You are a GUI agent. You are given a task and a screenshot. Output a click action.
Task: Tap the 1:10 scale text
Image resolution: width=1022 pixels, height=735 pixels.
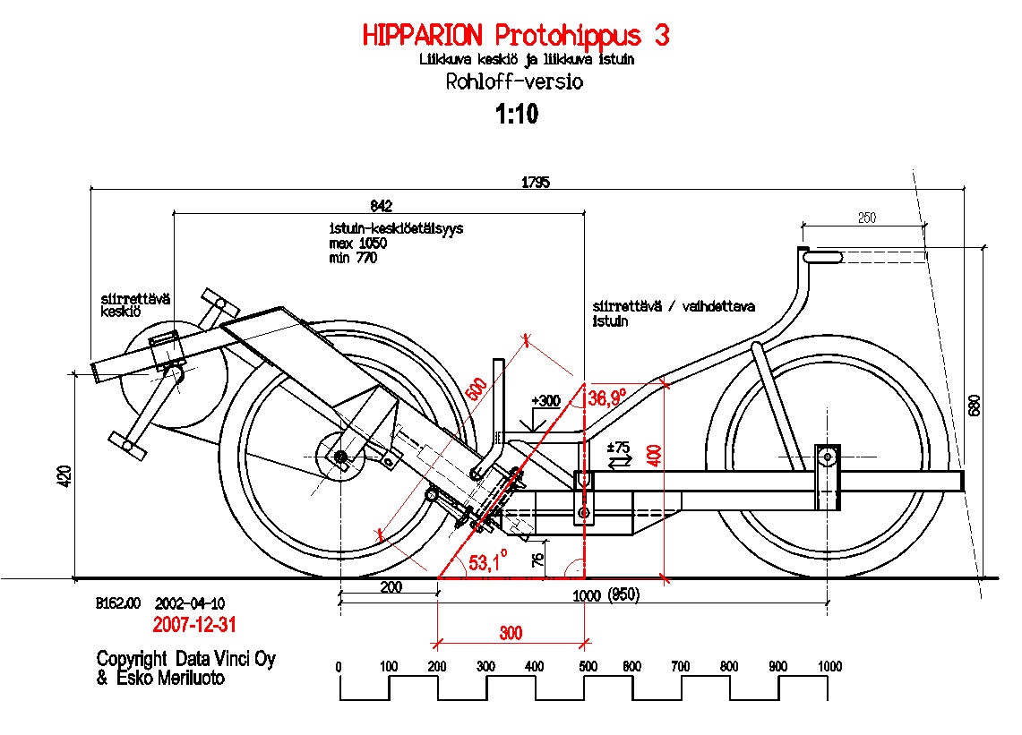(517, 114)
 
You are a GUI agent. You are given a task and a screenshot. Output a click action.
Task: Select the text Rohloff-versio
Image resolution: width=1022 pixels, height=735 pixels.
(514, 82)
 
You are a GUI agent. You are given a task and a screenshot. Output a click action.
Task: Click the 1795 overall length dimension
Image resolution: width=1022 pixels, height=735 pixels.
(537, 182)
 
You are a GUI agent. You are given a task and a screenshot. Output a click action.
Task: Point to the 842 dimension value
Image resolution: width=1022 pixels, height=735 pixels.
(380, 206)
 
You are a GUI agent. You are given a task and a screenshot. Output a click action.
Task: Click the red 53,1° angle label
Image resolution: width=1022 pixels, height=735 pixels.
(487, 562)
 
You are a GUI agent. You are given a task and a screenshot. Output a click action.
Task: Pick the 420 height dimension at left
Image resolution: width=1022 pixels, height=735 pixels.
(61, 476)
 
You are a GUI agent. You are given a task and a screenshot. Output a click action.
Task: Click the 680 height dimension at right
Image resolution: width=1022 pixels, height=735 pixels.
(975, 405)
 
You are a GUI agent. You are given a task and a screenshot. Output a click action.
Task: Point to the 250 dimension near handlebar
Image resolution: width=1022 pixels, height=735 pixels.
(866, 218)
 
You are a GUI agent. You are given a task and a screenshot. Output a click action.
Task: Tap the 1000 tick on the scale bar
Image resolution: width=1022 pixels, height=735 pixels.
(829, 666)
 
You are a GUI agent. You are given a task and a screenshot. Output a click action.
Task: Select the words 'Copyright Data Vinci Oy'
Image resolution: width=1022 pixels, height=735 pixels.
(186, 659)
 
